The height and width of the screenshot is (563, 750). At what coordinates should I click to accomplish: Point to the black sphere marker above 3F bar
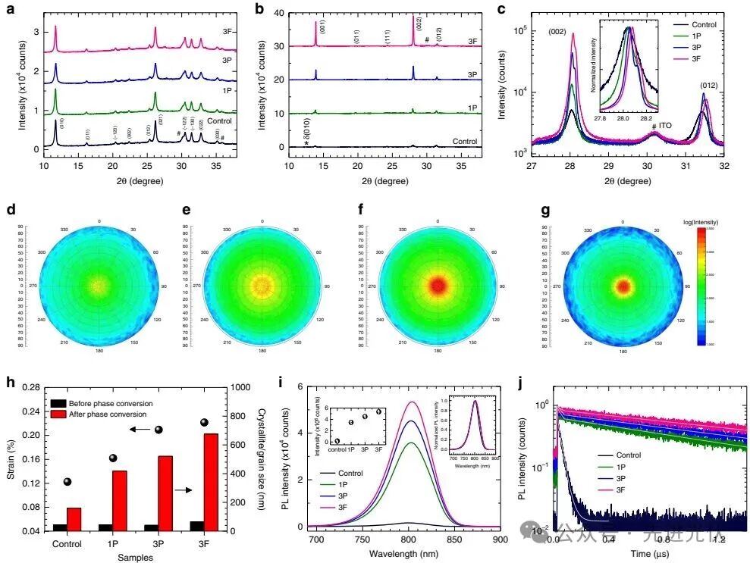[x=204, y=422]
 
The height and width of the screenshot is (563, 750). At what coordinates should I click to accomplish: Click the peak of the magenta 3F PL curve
[x=411, y=402]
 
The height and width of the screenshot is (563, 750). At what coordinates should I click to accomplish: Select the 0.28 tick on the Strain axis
[x=30, y=387]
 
